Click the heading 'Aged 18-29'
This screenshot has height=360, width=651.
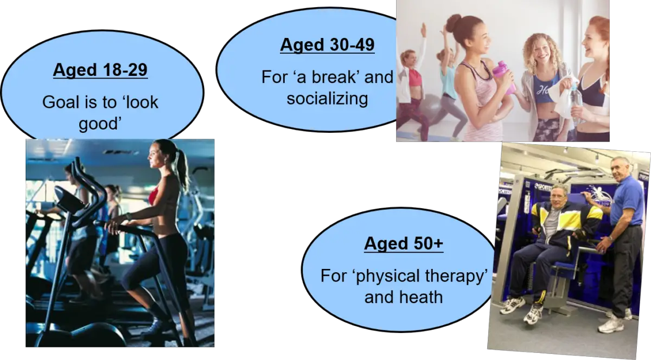click(x=100, y=70)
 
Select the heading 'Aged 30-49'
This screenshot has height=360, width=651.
click(x=327, y=45)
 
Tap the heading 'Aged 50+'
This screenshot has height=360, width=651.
click(x=404, y=243)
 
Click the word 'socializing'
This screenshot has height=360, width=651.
click(x=327, y=98)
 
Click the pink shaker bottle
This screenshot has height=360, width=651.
click(x=505, y=78)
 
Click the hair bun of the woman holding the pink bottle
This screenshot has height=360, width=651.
click(x=454, y=24)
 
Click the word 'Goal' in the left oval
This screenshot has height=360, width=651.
click(x=60, y=102)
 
